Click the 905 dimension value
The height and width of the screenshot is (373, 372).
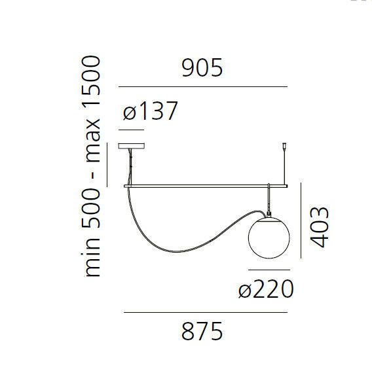(x=202, y=67)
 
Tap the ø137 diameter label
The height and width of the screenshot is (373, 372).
(x=150, y=112)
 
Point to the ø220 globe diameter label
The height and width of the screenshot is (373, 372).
(x=267, y=288)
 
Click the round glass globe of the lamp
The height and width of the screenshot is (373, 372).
(x=268, y=240)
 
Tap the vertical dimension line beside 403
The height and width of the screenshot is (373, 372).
(x=301, y=221)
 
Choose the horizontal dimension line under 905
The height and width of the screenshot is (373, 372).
(x=202, y=86)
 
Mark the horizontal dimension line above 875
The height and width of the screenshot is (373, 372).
(x=205, y=313)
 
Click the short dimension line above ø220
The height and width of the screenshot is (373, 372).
(x=268, y=270)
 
